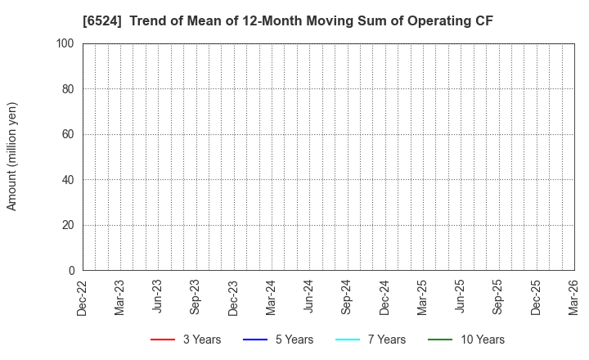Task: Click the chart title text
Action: pos(288,21)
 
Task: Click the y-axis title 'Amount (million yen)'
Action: pos(12,156)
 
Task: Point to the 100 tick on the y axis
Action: pos(66,43)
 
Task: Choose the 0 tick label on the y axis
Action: pos(72,270)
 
